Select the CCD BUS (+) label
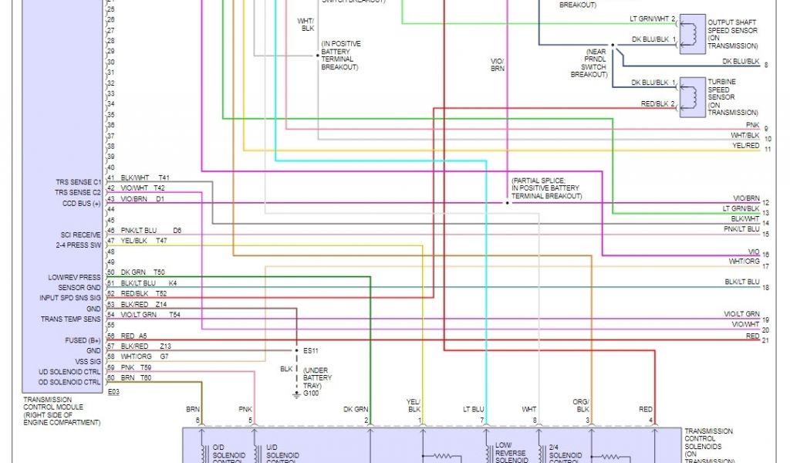pos(82,203)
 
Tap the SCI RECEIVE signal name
pos(81,235)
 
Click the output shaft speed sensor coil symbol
pos(691,33)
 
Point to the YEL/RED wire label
pos(745,146)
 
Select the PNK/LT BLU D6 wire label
pos(150,231)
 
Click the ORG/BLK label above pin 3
pos(580,405)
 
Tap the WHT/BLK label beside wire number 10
pos(745,136)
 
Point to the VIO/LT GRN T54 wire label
pos(150,314)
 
